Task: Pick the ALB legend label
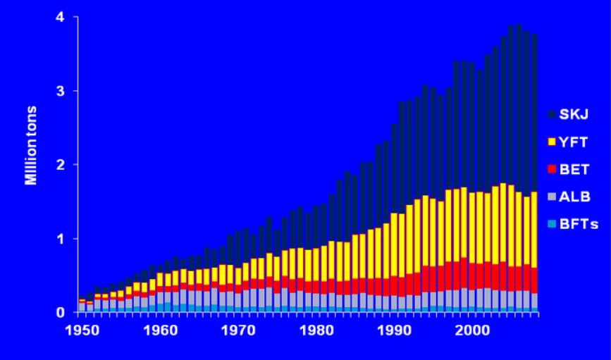[574, 197]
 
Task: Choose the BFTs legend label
[577, 224]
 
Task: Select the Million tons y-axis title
[32, 146]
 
